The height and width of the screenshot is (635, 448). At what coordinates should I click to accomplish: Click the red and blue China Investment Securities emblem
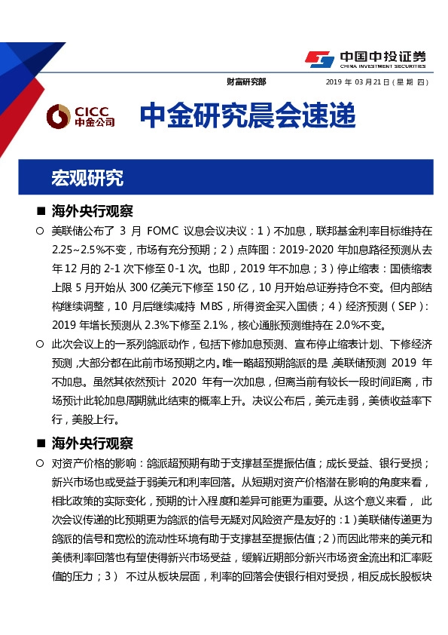pyautogui.click(x=318, y=58)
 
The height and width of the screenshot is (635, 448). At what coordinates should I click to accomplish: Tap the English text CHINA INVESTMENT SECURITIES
pyautogui.click(x=381, y=66)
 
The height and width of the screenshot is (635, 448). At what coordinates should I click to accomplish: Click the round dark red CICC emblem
pyautogui.click(x=57, y=116)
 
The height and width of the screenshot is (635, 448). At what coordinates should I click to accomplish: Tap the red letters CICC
pyautogui.click(x=94, y=110)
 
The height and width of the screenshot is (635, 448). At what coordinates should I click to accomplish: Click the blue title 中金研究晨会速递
pyautogui.click(x=247, y=116)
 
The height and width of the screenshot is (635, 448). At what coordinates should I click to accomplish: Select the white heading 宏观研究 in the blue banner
pyautogui.click(x=87, y=178)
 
